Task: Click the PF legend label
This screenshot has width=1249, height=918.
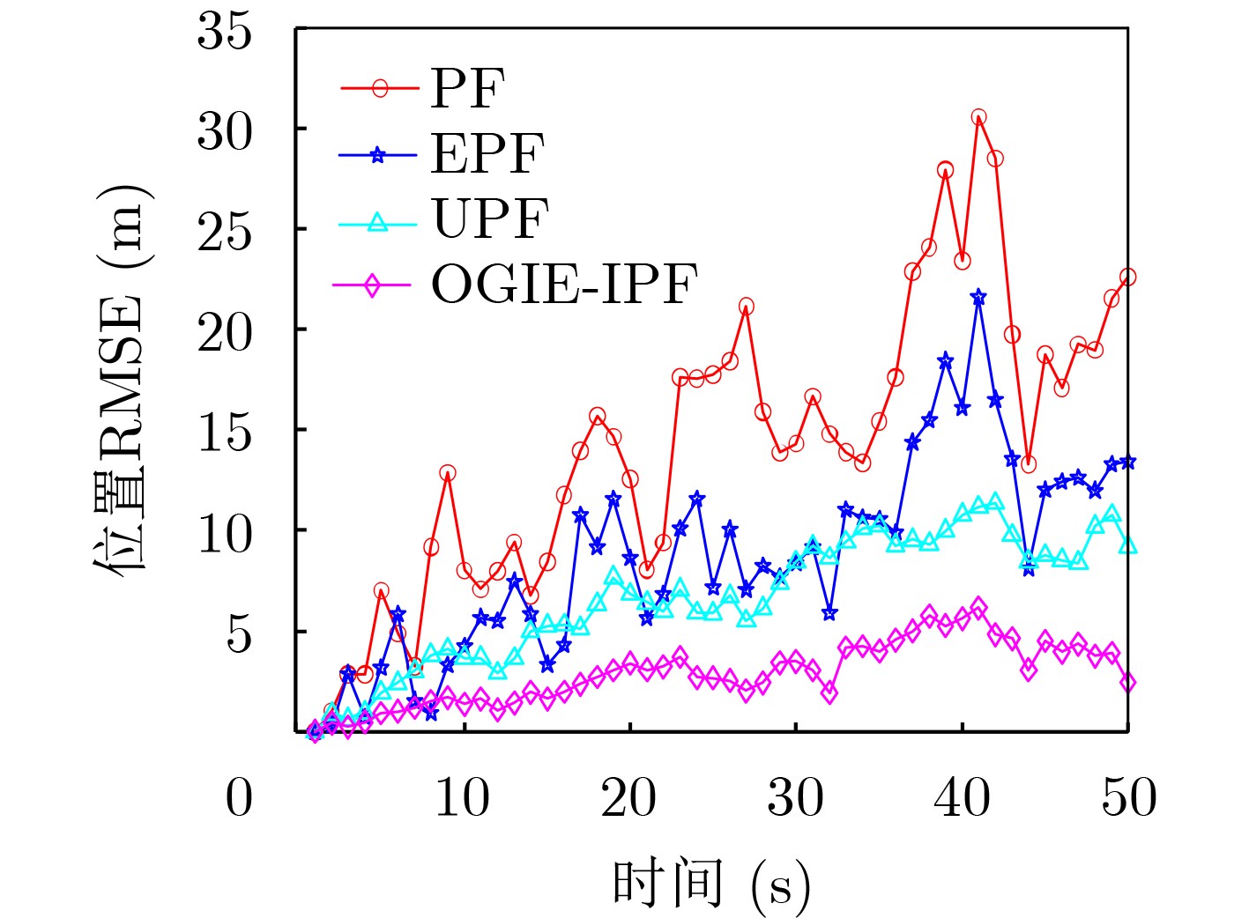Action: point(467,88)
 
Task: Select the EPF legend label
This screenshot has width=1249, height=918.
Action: point(487,154)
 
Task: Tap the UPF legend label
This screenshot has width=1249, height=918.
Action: point(490,218)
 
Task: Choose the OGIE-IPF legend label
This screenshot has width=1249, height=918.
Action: point(564,284)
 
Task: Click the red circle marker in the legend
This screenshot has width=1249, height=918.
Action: point(380,88)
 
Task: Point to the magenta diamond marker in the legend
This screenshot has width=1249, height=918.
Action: point(372,285)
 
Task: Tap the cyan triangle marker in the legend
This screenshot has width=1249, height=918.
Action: point(376,221)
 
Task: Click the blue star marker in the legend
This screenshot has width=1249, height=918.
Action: point(377,155)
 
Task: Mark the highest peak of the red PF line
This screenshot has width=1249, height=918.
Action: point(978,117)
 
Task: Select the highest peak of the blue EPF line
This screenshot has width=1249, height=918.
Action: point(978,298)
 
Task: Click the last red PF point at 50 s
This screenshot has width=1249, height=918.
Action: point(1127,277)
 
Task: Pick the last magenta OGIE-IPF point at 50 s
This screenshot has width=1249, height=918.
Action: point(1127,683)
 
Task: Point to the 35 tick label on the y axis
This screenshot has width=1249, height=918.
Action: point(225,32)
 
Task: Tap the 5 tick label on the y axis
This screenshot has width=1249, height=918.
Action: point(239,633)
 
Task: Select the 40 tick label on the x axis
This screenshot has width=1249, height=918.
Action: point(962,797)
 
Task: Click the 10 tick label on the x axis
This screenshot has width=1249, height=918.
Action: point(463,797)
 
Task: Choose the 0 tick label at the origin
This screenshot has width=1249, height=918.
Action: point(239,797)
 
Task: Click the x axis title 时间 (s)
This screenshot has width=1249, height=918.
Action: point(710,884)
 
